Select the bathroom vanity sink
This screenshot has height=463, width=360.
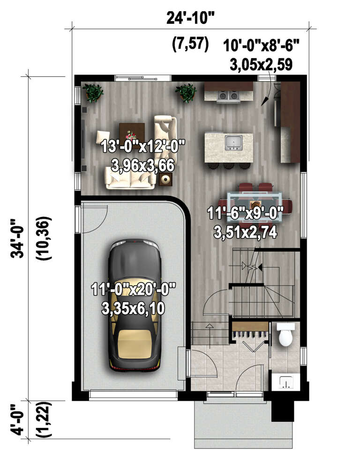pos(285,382)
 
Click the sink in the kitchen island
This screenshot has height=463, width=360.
pos(232,142)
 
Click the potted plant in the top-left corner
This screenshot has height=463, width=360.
pos(94,92)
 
